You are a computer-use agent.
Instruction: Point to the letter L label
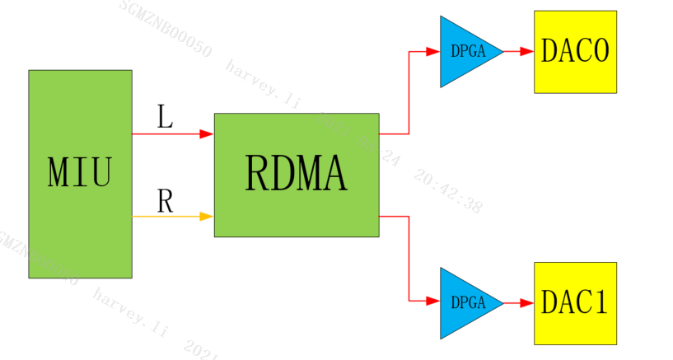pos(165,117)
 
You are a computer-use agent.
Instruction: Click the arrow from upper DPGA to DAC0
pos(518,51)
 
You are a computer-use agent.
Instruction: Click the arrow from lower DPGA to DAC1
pos(518,303)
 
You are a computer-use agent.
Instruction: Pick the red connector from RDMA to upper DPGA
pos(409,91)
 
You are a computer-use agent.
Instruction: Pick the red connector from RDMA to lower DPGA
pos(409,259)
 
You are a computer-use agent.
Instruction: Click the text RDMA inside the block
pos(297,174)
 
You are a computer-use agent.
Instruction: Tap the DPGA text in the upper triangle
pos(465,51)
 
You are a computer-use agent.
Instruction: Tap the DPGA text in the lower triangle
pos(465,303)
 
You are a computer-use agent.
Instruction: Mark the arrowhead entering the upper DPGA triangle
pos(433,51)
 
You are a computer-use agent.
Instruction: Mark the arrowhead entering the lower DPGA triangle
pos(433,302)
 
